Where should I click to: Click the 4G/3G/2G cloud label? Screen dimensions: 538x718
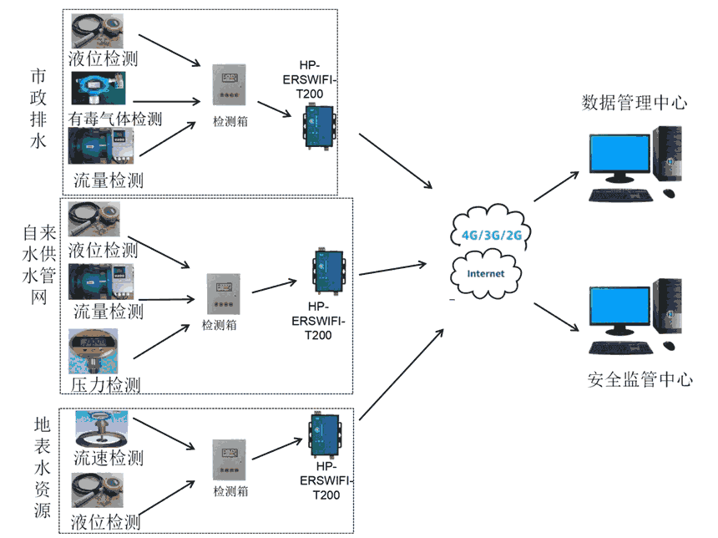[492, 235]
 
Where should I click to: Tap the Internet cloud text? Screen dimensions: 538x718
[486, 273]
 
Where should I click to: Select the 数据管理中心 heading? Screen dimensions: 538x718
[635, 103]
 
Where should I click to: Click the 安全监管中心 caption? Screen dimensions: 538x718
[640, 380]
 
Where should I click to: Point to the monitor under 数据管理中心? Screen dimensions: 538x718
[618, 157]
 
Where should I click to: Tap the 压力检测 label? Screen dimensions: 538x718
[104, 385]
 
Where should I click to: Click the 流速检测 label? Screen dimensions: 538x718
[108, 458]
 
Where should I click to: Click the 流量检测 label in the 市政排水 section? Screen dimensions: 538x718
[108, 180]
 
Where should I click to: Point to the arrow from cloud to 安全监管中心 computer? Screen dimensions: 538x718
[555, 317]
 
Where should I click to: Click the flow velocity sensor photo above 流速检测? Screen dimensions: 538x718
[101, 429]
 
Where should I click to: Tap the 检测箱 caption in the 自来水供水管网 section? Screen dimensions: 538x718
[220, 325]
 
